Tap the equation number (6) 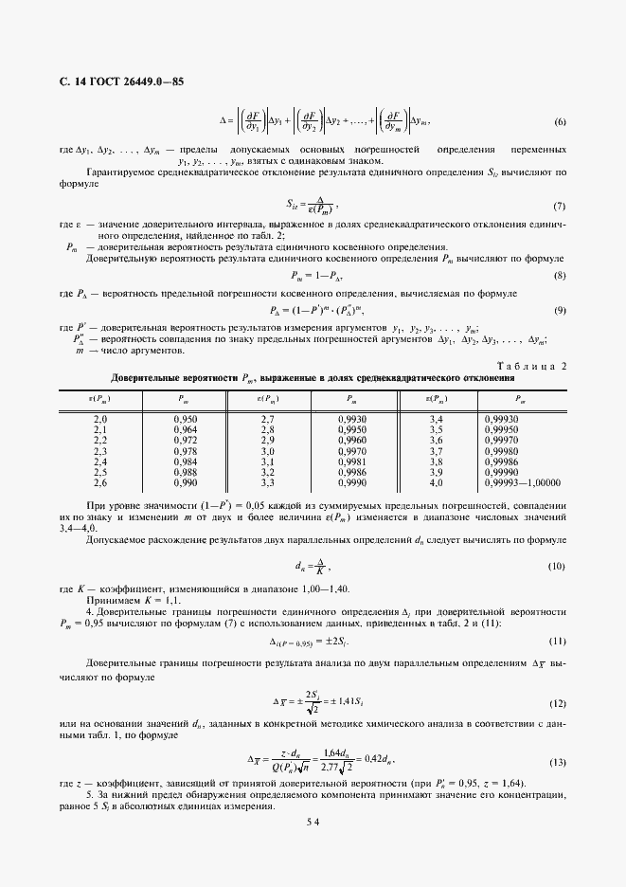(x=560, y=122)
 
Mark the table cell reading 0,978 (x=186, y=450)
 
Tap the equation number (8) (x=560, y=275)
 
